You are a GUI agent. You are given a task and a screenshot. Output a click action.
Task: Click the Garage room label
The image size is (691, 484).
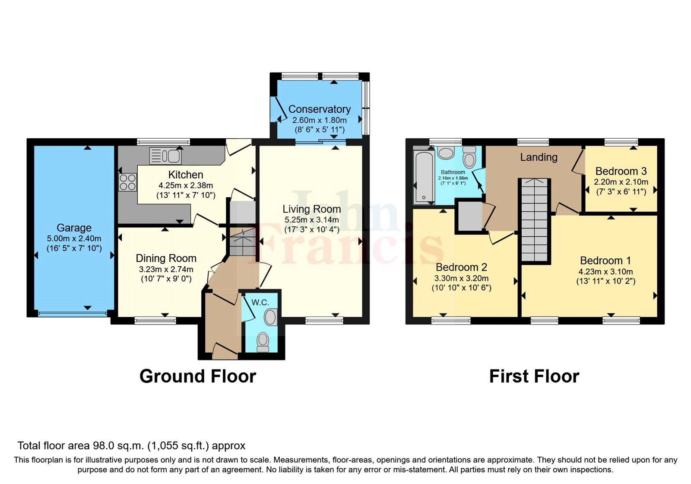[x=74, y=228]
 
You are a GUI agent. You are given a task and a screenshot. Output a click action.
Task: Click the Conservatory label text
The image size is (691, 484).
[x=319, y=109]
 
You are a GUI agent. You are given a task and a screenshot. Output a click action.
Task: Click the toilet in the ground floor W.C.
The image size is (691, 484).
[x=262, y=342]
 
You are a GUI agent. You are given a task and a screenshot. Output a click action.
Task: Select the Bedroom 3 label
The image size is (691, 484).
[x=621, y=171]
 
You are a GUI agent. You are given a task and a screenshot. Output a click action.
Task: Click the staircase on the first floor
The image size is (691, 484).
[x=535, y=220]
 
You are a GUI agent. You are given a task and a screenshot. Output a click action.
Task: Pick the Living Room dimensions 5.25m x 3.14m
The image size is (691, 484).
[x=311, y=220]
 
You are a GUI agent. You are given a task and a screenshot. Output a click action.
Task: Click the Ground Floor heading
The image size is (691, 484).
[x=198, y=376]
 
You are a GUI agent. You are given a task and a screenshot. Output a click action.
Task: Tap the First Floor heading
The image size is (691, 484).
[x=534, y=376]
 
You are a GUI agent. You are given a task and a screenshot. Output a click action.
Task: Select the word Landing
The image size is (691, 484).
[x=538, y=157]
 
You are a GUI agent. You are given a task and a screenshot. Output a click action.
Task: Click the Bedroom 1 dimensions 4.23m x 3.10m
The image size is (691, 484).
[x=605, y=272]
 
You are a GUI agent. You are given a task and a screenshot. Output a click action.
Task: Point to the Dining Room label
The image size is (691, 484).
[x=166, y=258]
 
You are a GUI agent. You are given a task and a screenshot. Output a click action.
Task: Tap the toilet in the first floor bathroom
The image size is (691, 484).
[x=469, y=158]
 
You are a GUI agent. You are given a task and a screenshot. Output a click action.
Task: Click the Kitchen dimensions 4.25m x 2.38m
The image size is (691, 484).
[x=186, y=185]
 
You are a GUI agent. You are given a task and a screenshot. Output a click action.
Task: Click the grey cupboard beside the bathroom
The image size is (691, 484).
[x=469, y=216]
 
